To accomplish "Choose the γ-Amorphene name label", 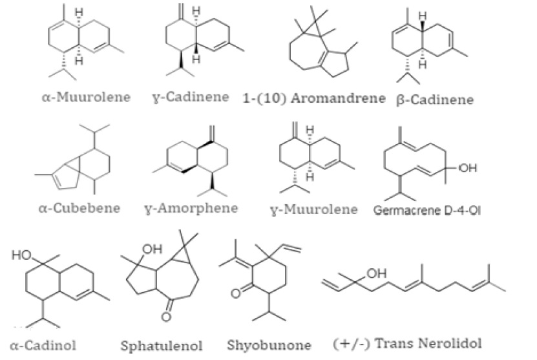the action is coord(192,208).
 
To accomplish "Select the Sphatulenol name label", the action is coord(159,346).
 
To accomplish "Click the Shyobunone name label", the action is coord(269,346).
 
